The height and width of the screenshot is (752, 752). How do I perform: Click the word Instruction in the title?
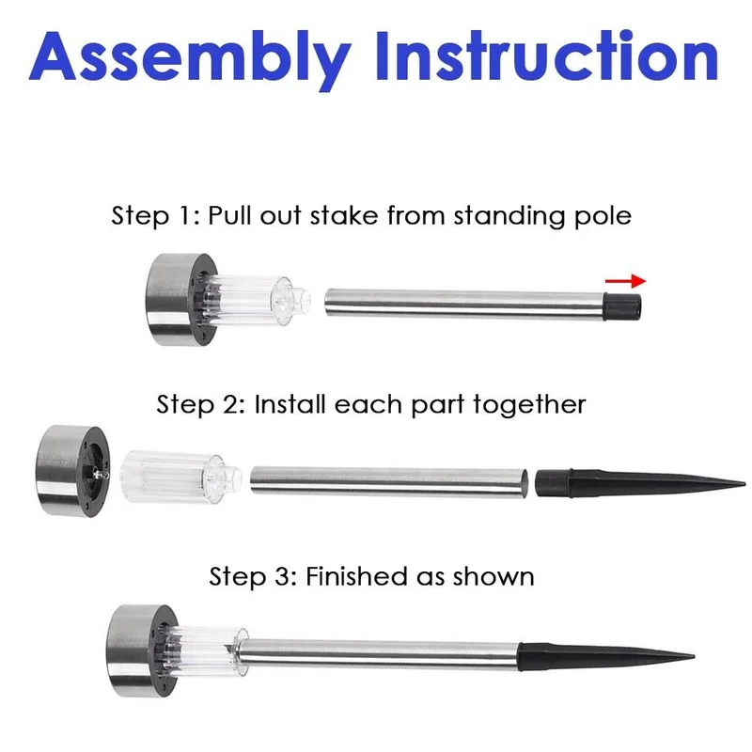[547, 55]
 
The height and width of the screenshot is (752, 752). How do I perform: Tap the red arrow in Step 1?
[625, 281]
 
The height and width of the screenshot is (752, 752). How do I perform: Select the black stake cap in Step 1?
[622, 307]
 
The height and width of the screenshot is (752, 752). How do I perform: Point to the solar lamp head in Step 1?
[181, 300]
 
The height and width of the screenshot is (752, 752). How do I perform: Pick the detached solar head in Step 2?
[73, 471]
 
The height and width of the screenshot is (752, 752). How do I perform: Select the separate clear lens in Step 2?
[180, 477]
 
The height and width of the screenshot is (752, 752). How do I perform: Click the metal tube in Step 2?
[389, 482]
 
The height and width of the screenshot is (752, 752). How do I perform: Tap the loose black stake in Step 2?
[640, 483]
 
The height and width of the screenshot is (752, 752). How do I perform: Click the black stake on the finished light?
[605, 656]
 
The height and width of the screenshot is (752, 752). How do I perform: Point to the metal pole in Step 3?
[379, 654]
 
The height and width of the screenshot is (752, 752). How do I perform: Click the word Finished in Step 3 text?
[357, 576]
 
